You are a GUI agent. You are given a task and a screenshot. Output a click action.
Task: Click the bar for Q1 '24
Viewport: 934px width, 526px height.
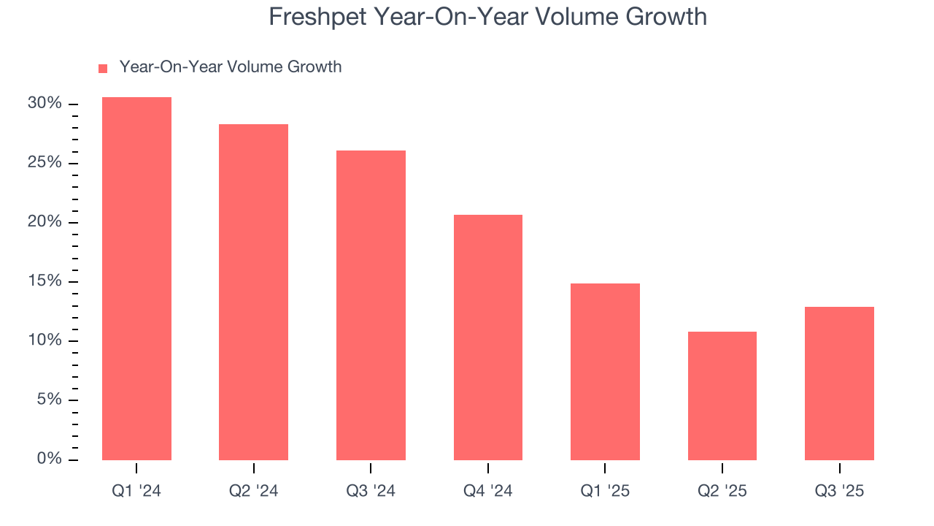(x=136, y=278)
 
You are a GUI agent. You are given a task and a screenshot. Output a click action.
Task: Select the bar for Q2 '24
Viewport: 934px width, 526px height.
(x=253, y=292)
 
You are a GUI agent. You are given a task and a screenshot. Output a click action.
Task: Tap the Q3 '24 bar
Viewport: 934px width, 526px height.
(x=371, y=305)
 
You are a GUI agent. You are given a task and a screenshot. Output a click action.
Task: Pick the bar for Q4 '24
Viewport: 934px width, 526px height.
(x=488, y=338)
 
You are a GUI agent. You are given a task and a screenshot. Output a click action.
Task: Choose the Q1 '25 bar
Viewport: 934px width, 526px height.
(x=605, y=372)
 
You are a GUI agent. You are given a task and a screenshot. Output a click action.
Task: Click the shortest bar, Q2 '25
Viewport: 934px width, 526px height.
(x=722, y=396)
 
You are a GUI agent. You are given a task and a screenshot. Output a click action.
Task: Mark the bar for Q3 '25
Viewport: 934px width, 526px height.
(x=839, y=384)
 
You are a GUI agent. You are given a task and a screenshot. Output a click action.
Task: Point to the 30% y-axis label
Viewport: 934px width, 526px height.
(x=45, y=104)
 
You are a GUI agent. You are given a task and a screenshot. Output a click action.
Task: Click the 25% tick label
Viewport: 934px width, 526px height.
(x=45, y=163)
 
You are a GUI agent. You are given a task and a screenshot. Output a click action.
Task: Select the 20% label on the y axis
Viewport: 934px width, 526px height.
(x=45, y=222)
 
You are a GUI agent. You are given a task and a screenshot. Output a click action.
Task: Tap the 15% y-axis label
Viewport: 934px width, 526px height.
(x=45, y=281)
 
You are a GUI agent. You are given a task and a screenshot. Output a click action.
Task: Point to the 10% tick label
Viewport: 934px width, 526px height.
(x=45, y=340)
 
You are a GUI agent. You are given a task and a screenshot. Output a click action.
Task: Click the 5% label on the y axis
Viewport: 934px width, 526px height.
(x=48, y=400)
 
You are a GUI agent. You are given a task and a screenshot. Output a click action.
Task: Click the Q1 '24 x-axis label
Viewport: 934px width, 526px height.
(x=136, y=491)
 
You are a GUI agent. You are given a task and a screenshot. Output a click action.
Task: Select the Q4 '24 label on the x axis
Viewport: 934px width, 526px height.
(x=488, y=491)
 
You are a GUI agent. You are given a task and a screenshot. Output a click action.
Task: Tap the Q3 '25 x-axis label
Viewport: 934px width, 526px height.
(x=839, y=491)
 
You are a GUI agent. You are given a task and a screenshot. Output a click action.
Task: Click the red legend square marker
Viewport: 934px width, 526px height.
(x=103, y=68)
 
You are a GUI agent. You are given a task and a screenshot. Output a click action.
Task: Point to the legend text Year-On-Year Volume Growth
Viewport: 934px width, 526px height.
(x=231, y=67)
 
